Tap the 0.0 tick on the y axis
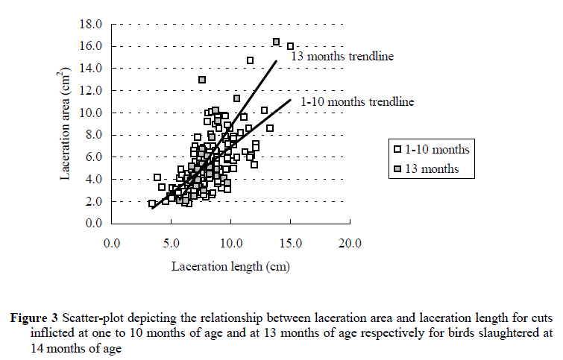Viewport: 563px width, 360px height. click(x=97, y=224)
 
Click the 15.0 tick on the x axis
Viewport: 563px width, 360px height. click(x=290, y=243)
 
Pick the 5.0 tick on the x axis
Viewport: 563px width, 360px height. click(x=171, y=243)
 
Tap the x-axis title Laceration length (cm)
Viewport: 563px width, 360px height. click(x=230, y=265)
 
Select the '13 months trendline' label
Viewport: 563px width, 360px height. click(x=342, y=56)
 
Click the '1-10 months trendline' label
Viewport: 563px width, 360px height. click(x=357, y=101)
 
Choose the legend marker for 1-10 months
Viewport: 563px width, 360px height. click(x=400, y=149)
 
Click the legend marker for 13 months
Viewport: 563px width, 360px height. click(x=400, y=169)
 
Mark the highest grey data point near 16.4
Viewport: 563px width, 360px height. click(x=276, y=42)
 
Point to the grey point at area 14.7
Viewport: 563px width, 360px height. click(x=250, y=60)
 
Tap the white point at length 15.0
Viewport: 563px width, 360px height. click(x=291, y=46)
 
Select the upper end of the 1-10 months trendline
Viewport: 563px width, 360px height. click(x=291, y=99)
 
